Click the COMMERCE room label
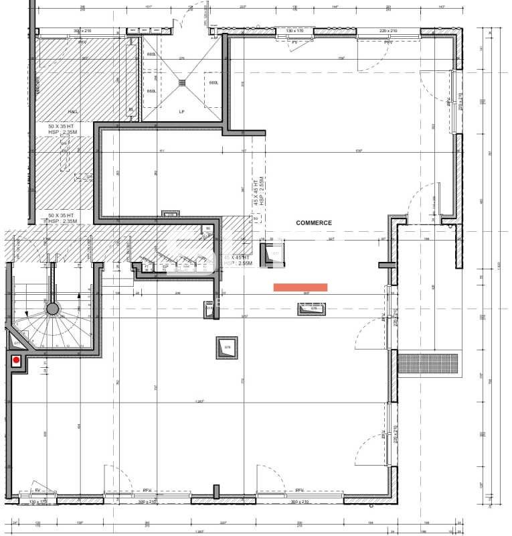point(315,222)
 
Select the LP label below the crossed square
point(181,111)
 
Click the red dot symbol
point(16,360)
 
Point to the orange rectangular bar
point(301,287)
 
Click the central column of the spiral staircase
point(53,309)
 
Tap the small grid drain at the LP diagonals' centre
point(181,82)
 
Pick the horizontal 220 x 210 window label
point(388,31)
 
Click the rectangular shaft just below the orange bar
point(313,308)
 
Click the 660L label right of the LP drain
point(214,83)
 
